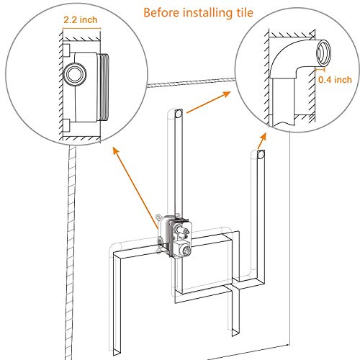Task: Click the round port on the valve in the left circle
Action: (73, 73)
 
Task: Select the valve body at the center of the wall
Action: (172, 234)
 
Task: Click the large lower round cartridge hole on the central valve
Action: (186, 250)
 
